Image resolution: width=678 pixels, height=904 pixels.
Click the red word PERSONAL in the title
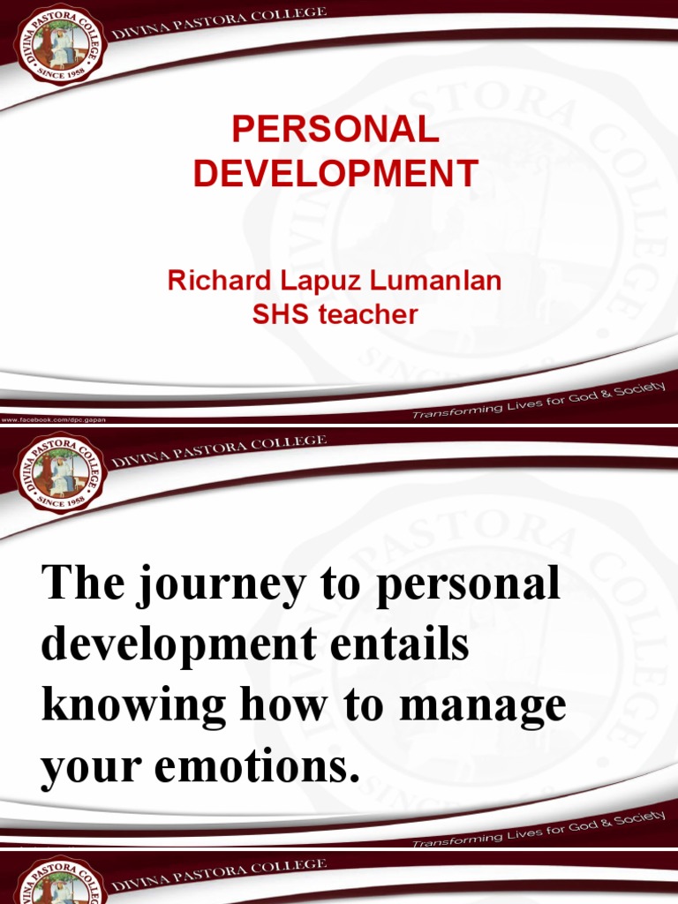[x=335, y=131]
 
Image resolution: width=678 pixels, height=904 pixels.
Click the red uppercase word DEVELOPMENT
[x=335, y=173]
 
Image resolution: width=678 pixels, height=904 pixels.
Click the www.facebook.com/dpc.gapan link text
[x=53, y=420]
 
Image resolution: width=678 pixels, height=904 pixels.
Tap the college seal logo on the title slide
[x=60, y=44]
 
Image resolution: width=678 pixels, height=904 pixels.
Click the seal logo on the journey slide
[x=60, y=475]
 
